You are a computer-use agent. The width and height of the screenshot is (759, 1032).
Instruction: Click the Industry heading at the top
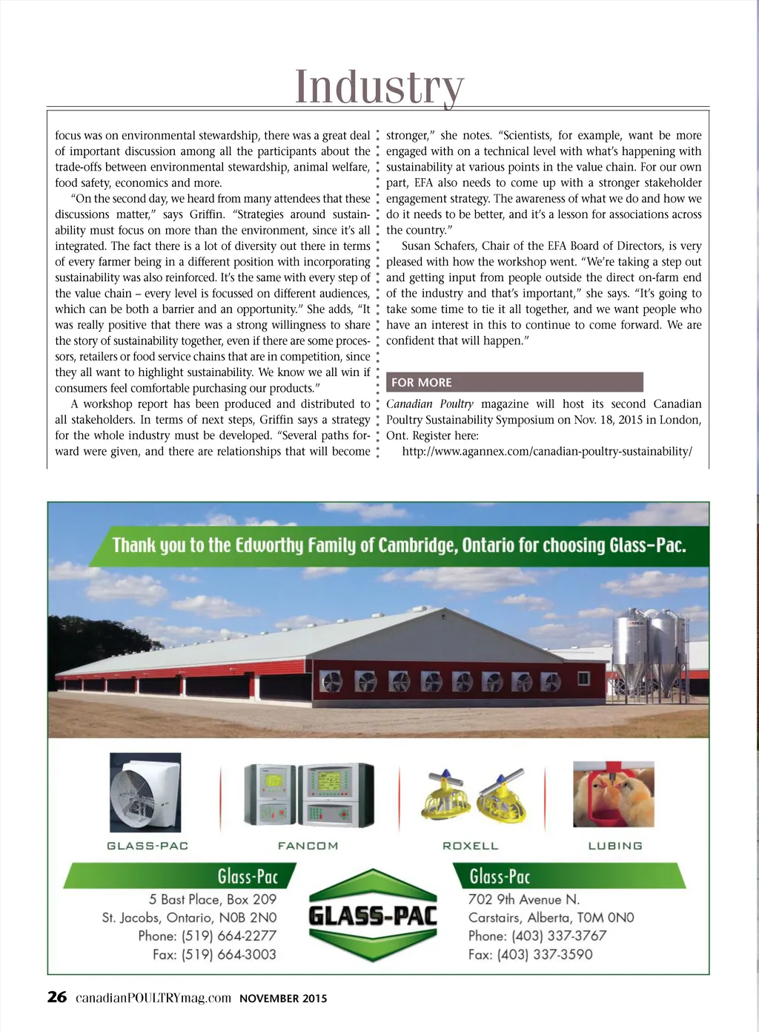click(x=379, y=87)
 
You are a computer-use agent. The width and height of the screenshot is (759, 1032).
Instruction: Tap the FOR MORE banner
click(x=514, y=382)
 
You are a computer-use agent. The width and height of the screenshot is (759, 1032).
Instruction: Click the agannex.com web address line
click(x=546, y=451)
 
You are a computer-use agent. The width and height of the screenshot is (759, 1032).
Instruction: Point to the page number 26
click(x=57, y=997)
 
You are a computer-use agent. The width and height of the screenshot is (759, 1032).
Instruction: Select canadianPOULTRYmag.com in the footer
click(x=153, y=998)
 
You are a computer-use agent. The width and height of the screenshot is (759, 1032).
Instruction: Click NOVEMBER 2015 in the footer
click(x=283, y=999)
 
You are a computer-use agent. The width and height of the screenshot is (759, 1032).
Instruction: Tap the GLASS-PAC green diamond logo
click(x=373, y=916)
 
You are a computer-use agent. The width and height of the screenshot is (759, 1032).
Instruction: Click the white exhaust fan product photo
click(x=145, y=792)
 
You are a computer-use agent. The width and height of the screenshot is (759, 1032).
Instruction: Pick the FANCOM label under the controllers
click(x=308, y=846)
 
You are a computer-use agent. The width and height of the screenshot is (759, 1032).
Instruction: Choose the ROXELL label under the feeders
click(x=470, y=846)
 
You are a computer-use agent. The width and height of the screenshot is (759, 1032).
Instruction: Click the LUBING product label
click(x=615, y=846)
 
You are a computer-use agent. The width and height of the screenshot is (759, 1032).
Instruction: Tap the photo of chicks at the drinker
click(x=614, y=794)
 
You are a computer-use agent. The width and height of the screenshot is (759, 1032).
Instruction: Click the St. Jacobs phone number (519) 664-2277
click(x=208, y=936)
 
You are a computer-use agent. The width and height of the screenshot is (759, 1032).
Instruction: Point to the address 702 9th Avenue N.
click(x=524, y=899)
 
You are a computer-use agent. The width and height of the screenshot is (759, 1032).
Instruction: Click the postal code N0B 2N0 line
click(x=189, y=918)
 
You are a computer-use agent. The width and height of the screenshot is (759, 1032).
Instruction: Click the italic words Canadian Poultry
click(x=430, y=404)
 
